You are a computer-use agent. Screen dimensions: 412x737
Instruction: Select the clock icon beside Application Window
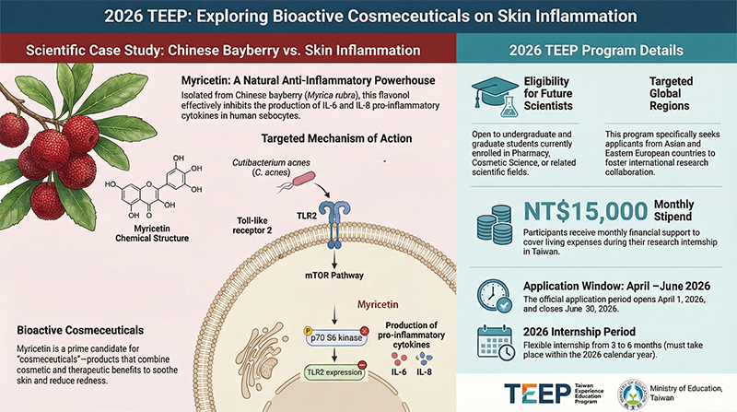[x=490, y=296]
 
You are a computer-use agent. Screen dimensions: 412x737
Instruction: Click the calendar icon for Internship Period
[x=490, y=347]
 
